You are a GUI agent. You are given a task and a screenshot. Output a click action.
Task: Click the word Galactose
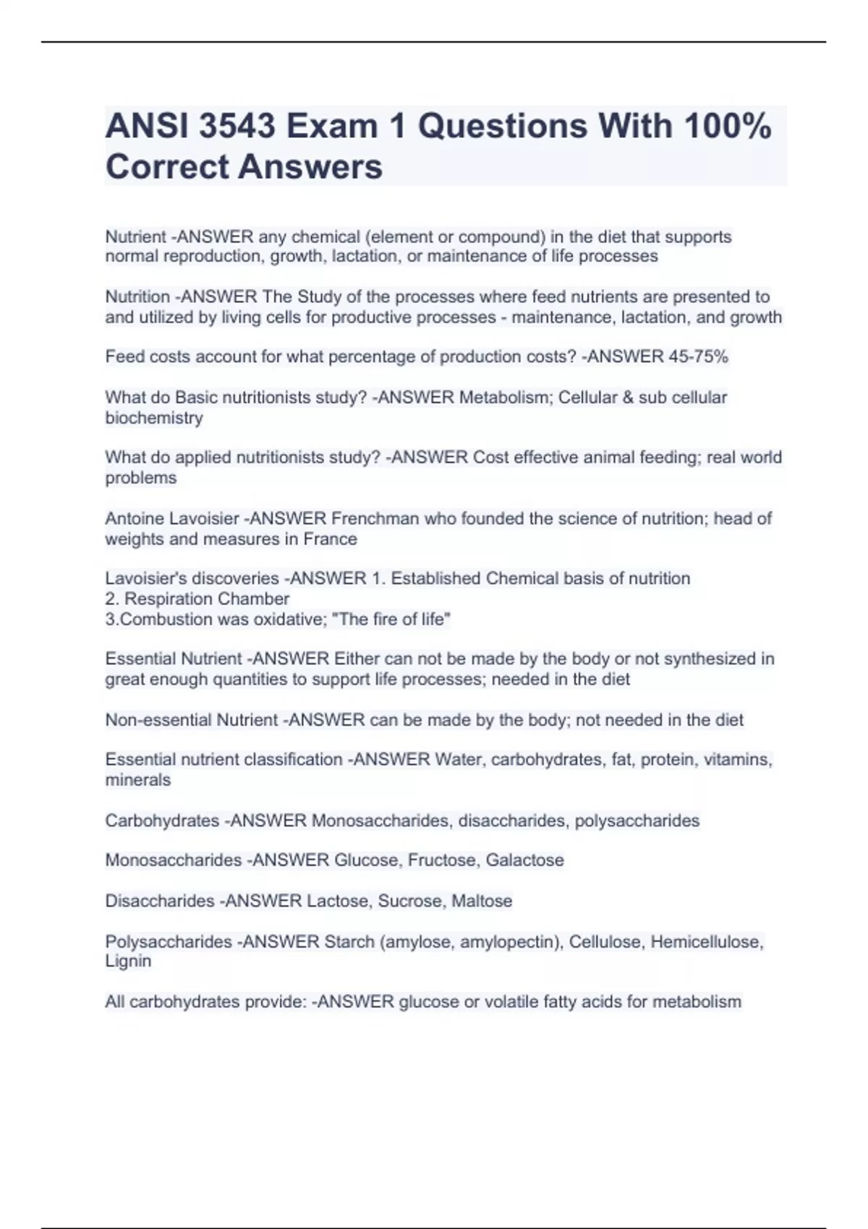[x=524, y=860]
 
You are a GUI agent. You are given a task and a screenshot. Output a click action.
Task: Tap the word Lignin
[x=128, y=961]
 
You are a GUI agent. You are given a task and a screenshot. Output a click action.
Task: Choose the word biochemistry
[x=154, y=417]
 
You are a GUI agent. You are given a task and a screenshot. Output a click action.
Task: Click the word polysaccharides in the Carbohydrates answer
[x=637, y=821]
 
